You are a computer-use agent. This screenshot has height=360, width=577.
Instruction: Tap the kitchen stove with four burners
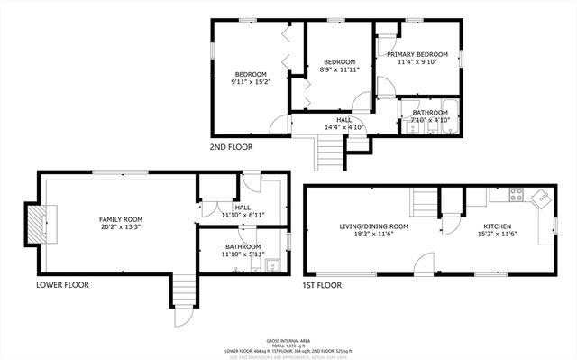tap(517, 193)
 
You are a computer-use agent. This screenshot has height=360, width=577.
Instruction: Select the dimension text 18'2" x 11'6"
tap(373, 235)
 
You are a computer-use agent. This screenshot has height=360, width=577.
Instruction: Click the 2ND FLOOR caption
tap(231, 147)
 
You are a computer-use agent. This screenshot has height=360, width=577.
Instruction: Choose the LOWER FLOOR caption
tap(62, 285)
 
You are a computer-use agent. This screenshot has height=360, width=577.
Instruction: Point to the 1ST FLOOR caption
tap(322, 285)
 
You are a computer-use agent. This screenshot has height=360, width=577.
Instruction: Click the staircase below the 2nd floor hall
tap(330, 156)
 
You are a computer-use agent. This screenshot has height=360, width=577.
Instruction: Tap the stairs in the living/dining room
tap(423, 199)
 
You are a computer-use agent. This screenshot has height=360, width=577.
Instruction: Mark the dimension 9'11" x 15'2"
tap(251, 82)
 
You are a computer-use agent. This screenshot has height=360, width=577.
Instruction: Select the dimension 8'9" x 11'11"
tap(340, 69)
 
